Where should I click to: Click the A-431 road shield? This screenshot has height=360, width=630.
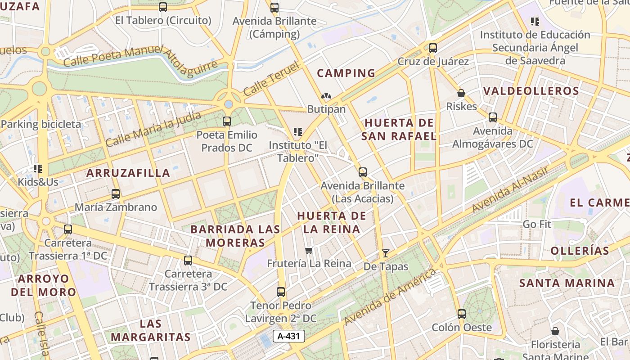tap(289, 336)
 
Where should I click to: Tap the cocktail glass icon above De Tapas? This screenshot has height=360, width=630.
tap(385, 253)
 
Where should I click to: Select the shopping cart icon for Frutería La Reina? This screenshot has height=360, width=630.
tap(309, 250)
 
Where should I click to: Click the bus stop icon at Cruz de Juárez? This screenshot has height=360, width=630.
tap(433, 48)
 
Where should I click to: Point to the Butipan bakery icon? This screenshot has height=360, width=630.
tap(326, 96)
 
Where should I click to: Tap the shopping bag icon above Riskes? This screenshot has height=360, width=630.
tap(461, 93)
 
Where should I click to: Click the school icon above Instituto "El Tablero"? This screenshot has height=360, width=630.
tap(297, 132)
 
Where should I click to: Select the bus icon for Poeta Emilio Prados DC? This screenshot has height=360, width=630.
tap(227, 121)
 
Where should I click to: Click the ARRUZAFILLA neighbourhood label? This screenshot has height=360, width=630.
tap(128, 173)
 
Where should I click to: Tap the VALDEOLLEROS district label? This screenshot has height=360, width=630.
tap(531, 91)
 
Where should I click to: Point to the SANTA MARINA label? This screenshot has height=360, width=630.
tap(567, 283)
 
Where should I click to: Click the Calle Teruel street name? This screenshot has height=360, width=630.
tap(271, 80)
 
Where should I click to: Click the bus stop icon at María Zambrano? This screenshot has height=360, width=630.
tap(116, 194)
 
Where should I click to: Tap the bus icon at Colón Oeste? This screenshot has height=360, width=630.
tap(462, 314)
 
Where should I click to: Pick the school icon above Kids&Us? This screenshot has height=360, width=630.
tap(38, 169)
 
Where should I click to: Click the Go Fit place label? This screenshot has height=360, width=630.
tap(537, 224)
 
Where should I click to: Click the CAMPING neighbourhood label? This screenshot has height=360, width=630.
tap(346, 73)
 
